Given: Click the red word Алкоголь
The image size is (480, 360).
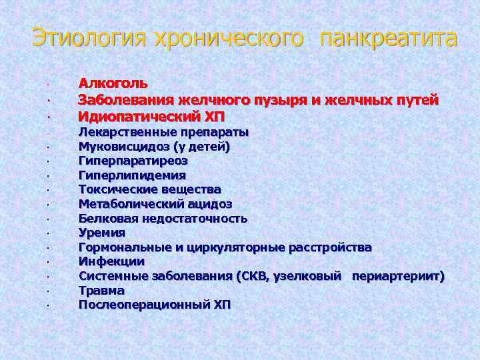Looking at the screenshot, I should pos(113,84).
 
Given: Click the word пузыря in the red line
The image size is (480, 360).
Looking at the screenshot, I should pos(279,100).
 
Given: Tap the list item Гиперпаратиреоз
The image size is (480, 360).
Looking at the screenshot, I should pos(133,161).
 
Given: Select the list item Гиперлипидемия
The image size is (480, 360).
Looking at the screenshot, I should pos(132,175).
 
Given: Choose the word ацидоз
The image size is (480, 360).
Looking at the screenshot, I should pos(209,204).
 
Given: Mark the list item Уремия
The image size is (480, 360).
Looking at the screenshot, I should pos(101,233).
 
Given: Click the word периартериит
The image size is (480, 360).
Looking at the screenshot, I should pos(397,276).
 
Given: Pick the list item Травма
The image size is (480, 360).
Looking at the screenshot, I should pos(101,291).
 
